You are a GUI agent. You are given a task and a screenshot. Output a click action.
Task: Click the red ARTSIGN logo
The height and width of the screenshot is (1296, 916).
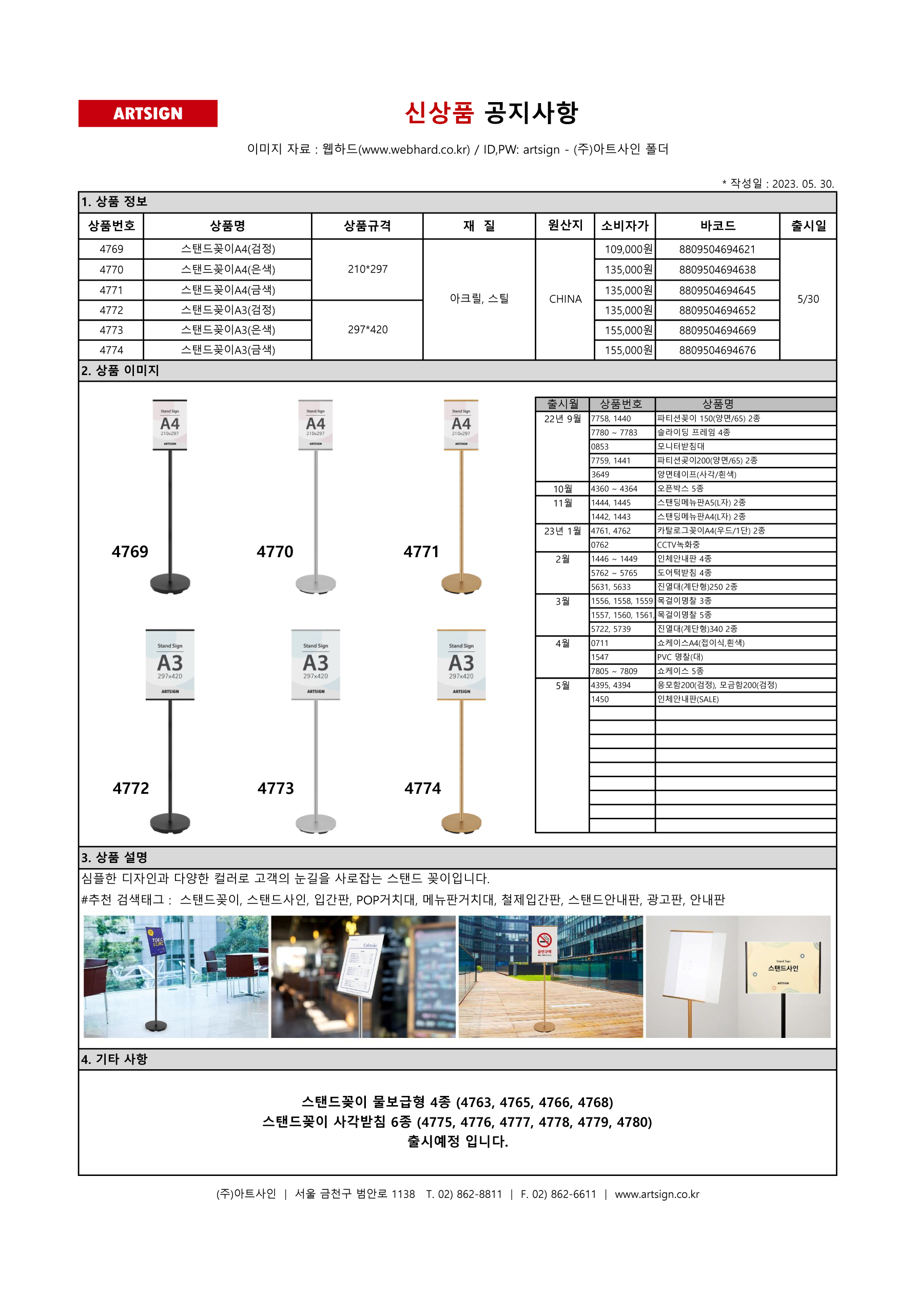[x=147, y=113]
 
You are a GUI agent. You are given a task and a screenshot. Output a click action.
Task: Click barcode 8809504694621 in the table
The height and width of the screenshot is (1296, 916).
[x=717, y=249]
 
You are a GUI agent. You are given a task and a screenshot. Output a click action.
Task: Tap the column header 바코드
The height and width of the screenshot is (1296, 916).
[x=717, y=226]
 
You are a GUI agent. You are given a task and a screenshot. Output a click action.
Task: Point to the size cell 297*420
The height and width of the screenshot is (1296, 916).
[x=367, y=330]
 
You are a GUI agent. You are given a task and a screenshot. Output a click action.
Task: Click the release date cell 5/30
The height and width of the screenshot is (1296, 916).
[x=808, y=299]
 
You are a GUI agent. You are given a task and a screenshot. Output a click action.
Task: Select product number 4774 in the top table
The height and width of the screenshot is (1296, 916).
[x=111, y=350]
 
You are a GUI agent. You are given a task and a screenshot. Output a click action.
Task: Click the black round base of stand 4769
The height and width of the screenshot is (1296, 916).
[x=170, y=583]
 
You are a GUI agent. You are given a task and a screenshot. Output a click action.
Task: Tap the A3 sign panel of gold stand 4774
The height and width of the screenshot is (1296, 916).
[x=461, y=664]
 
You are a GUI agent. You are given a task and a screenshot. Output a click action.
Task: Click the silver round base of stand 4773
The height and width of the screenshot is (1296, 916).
[x=316, y=823]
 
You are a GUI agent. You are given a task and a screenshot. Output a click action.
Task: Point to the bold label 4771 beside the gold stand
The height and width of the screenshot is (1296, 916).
[x=421, y=552]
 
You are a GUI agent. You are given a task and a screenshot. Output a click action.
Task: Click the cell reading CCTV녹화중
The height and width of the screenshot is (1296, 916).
[x=678, y=545]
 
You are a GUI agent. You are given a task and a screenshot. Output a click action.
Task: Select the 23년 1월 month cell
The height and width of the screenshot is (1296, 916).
[x=562, y=531]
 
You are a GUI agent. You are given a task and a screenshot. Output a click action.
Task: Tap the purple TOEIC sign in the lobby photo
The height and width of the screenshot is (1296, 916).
[x=156, y=941]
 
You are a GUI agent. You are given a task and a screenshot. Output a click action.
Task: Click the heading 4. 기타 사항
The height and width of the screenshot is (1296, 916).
[x=114, y=1059]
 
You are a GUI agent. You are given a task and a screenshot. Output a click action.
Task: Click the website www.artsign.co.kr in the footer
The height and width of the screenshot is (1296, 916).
[x=657, y=1194]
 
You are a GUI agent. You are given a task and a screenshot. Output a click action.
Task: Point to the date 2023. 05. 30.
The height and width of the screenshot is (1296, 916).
[x=803, y=184]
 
